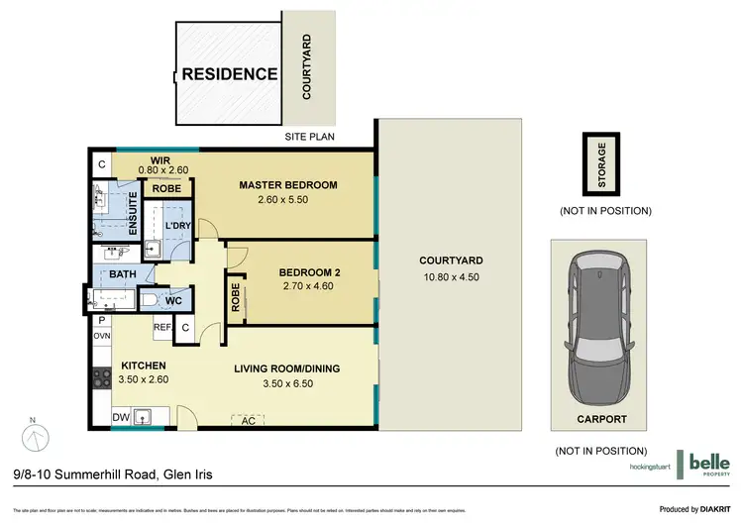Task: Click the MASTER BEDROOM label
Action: pos(289,185)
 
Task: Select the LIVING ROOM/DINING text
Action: pos(286,368)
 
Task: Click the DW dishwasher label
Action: pos(119,417)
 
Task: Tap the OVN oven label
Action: pos(102,336)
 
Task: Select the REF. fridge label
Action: pos(161,326)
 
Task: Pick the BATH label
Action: pos(123,274)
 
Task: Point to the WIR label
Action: pos(160,160)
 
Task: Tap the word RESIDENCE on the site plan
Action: pos(229,74)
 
